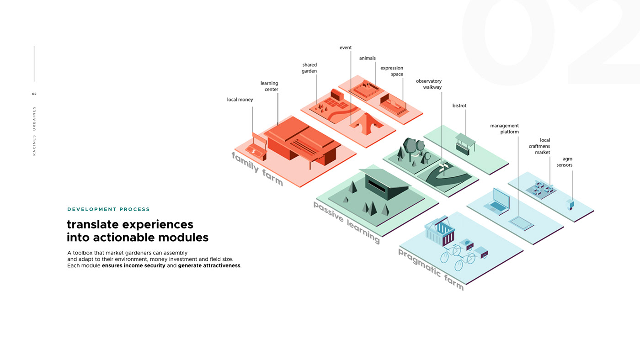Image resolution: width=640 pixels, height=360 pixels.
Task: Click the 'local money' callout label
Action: coord(240,100)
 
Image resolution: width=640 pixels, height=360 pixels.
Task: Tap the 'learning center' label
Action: coord(269,86)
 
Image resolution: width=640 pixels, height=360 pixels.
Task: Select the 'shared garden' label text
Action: coord(309,68)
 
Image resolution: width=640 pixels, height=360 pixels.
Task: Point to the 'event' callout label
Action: coord(346,48)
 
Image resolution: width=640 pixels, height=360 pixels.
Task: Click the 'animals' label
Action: coord(367,58)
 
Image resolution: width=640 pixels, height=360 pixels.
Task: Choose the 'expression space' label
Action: coord(392,71)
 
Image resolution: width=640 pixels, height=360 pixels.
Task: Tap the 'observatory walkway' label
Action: coord(429,84)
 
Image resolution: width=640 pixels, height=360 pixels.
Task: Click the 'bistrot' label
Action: coord(459,106)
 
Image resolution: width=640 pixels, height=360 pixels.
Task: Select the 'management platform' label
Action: coord(505,129)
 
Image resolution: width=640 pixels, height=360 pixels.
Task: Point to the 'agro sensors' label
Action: coord(565,162)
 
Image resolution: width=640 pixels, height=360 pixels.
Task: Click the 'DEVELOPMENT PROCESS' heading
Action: coord(108,209)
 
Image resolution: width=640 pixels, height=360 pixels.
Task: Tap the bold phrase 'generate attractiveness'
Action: coord(209,265)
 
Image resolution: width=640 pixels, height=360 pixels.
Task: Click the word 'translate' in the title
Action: coord(95,224)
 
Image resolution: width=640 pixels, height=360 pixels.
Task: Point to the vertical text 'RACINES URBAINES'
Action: coord(34,131)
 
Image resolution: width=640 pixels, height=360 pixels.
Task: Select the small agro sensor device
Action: coord(570,204)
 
